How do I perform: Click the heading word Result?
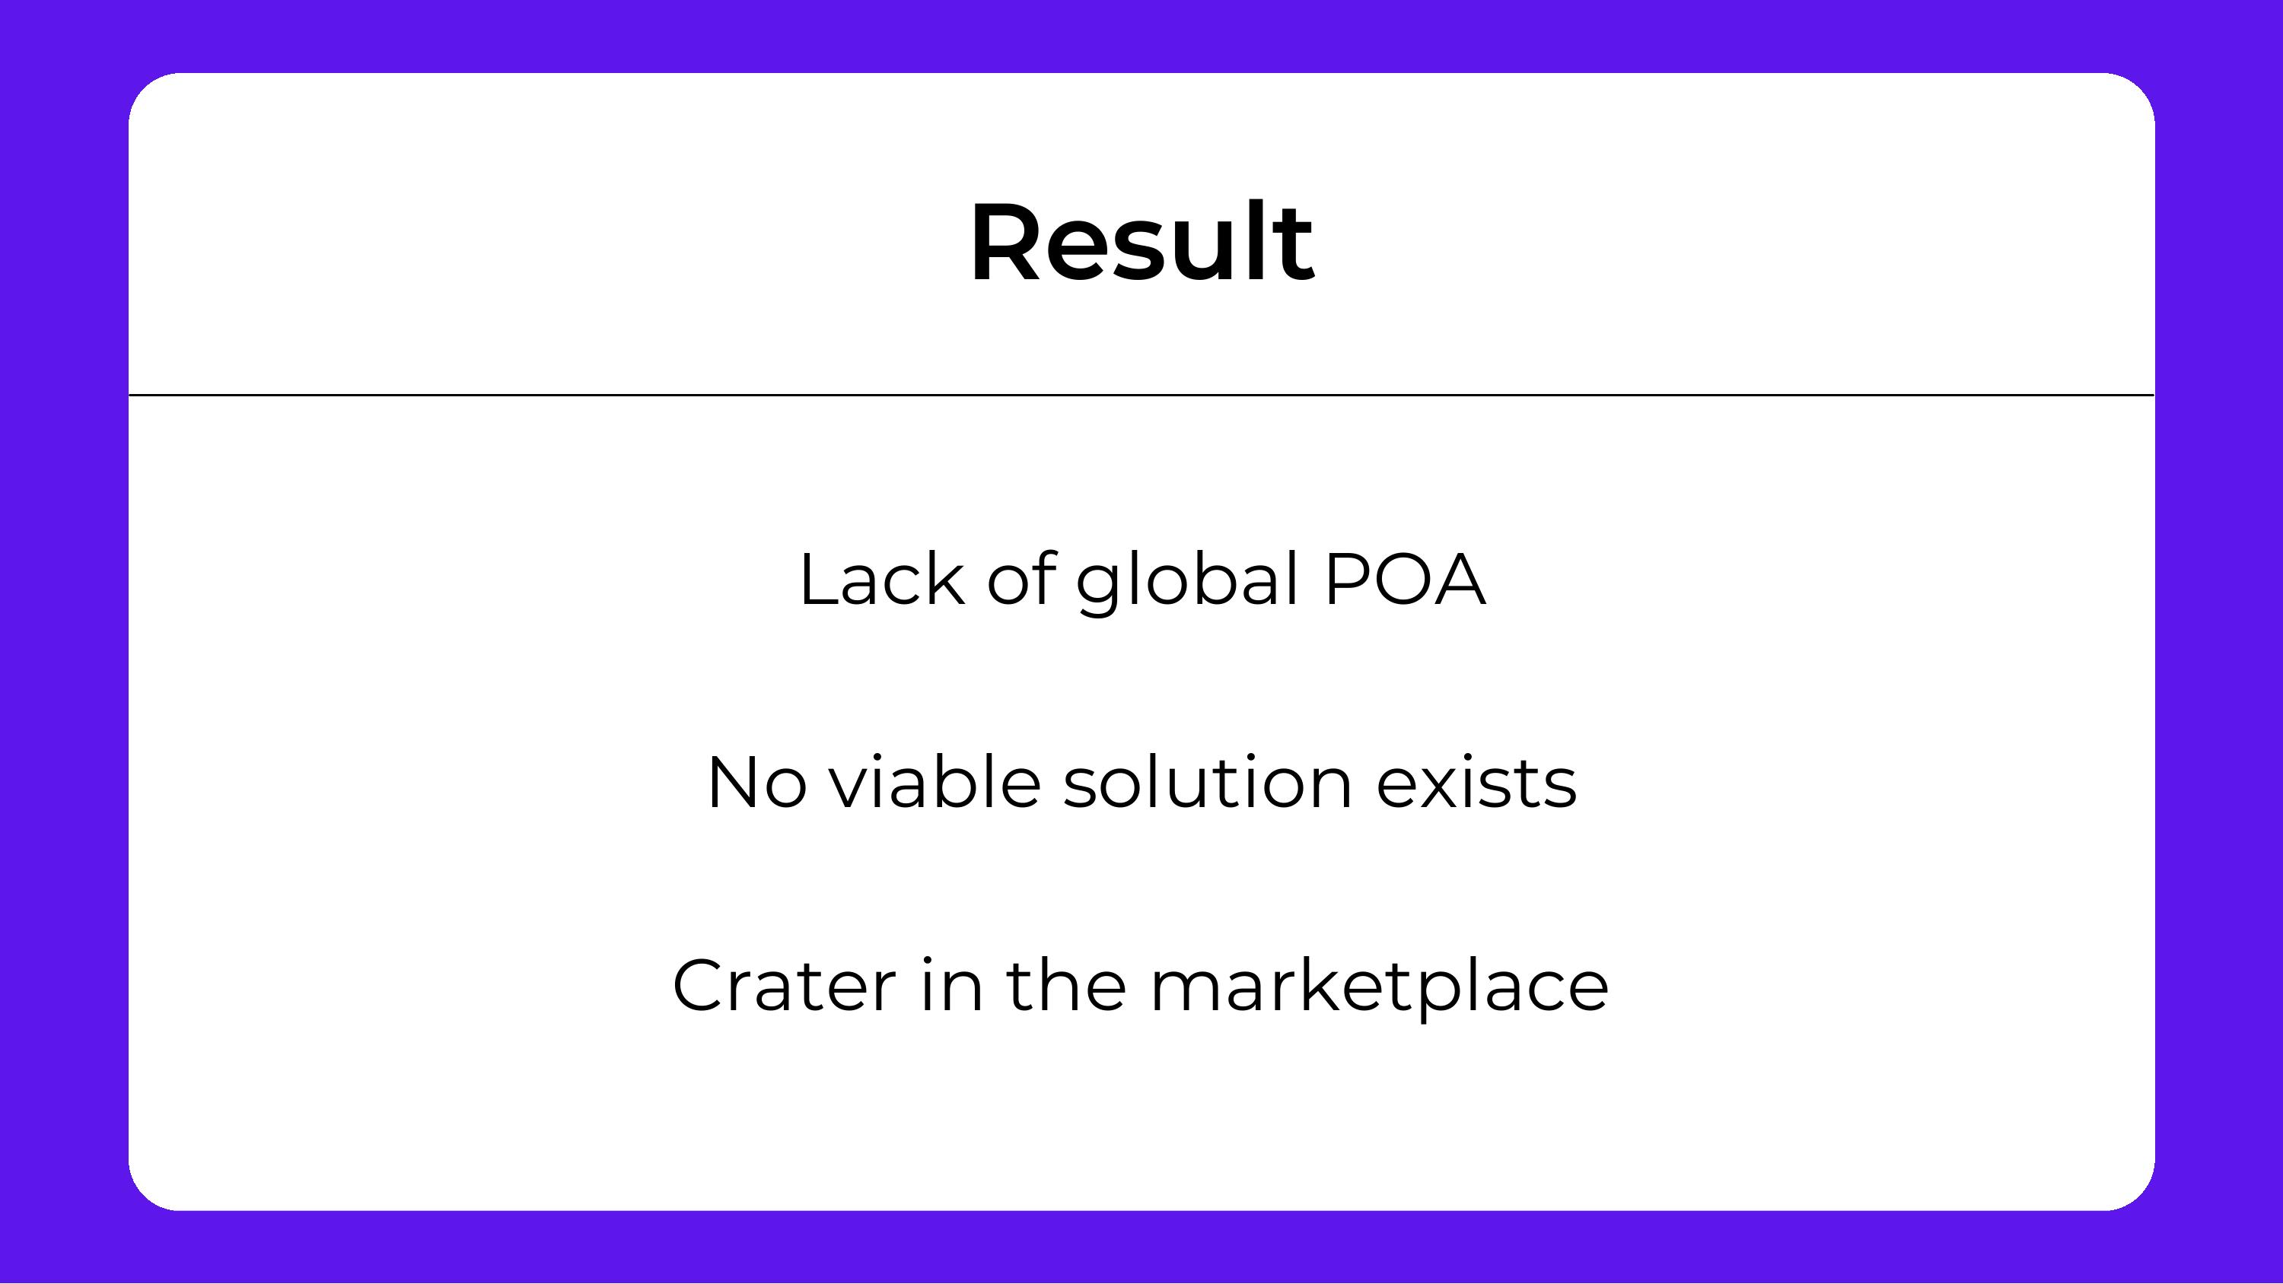[1141, 242]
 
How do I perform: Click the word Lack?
[882, 580]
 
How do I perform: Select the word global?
[1188, 580]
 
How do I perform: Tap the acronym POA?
[1404, 580]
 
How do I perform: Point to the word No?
[756, 783]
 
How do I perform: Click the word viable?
[934, 783]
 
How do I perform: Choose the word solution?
[1207, 783]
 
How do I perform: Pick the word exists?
[1476, 783]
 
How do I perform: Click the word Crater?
[785, 985]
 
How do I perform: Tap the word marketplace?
[1379, 985]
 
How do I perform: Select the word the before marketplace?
[1066, 985]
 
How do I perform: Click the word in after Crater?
[952, 985]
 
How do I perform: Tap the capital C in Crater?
[700, 985]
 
